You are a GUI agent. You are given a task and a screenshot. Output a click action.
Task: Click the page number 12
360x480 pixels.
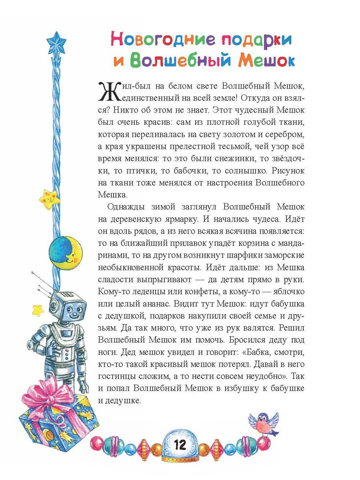[180, 445]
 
